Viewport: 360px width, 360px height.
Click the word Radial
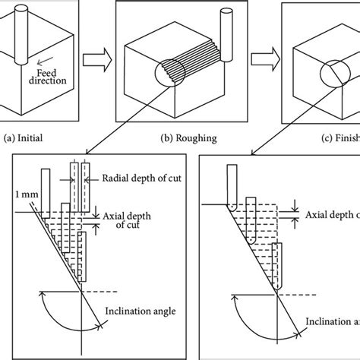click(116, 178)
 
